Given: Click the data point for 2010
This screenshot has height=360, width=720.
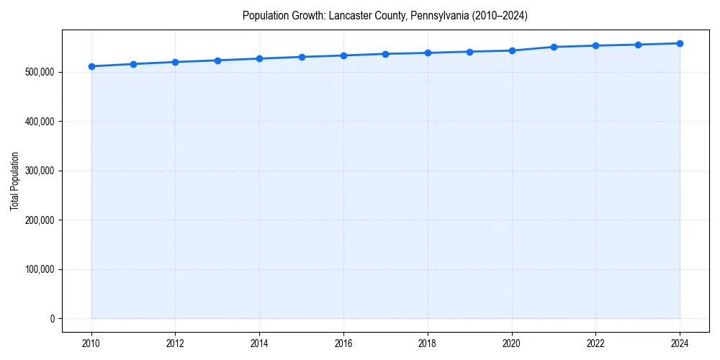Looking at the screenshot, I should pyautogui.click(x=91, y=66).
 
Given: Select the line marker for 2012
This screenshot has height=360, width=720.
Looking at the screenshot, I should pyautogui.click(x=176, y=62).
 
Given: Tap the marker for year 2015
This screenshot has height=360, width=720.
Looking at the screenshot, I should pyautogui.click(x=302, y=57).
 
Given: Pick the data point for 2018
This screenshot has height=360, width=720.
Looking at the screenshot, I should pyautogui.click(x=428, y=53).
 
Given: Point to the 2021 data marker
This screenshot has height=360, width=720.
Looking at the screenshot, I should pyautogui.click(x=554, y=47).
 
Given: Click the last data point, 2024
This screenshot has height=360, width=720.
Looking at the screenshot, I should pyautogui.click(x=680, y=43).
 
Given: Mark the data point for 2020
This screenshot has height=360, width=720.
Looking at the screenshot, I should pyautogui.click(x=512, y=50).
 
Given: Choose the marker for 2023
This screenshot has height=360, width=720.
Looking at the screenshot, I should pyautogui.click(x=638, y=45).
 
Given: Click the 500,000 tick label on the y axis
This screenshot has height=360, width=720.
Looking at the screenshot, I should pyautogui.click(x=39, y=72).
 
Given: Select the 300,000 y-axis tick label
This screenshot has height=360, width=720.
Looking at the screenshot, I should pyautogui.click(x=39, y=171).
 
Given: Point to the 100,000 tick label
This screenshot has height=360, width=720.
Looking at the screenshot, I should pyautogui.click(x=39, y=269).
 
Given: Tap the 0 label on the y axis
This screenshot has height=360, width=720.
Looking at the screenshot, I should pyautogui.click(x=52, y=319).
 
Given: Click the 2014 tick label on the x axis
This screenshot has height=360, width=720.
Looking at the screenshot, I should pyautogui.click(x=260, y=343).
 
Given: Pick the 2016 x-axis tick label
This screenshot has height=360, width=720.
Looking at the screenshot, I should pyautogui.click(x=343, y=343).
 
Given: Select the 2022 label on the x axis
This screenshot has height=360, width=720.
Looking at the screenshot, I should pyautogui.click(x=595, y=343).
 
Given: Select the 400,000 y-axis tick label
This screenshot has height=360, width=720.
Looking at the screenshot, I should pyautogui.click(x=39, y=122).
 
